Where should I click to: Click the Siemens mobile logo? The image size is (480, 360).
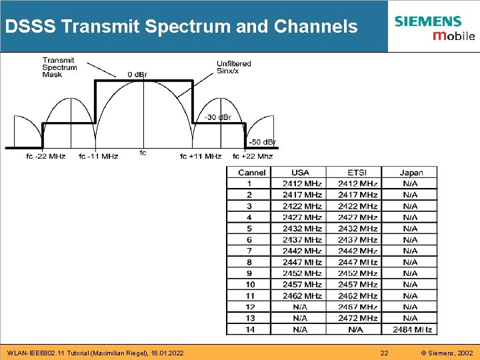click(x=434, y=27)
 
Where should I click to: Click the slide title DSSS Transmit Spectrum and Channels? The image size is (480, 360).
click(x=181, y=27)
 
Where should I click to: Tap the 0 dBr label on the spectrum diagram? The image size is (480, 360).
click(x=138, y=74)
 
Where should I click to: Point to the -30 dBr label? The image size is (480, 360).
click(x=218, y=117)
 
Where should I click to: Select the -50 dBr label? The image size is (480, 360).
click(x=262, y=142)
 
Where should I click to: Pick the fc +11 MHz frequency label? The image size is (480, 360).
click(x=201, y=156)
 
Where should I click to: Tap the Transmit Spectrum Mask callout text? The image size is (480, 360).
click(x=59, y=67)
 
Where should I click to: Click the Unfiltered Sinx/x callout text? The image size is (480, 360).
click(x=234, y=67)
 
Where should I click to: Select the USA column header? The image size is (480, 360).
click(x=301, y=173)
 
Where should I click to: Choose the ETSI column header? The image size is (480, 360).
click(x=357, y=173)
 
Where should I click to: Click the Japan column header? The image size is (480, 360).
click(x=411, y=173)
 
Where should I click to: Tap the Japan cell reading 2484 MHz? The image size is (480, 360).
click(x=411, y=329)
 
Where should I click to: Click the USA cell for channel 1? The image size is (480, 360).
click(x=301, y=183)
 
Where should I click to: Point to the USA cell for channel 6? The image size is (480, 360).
click(x=301, y=239)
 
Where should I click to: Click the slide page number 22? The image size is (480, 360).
click(x=384, y=353)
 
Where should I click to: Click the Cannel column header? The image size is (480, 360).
click(x=251, y=173)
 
